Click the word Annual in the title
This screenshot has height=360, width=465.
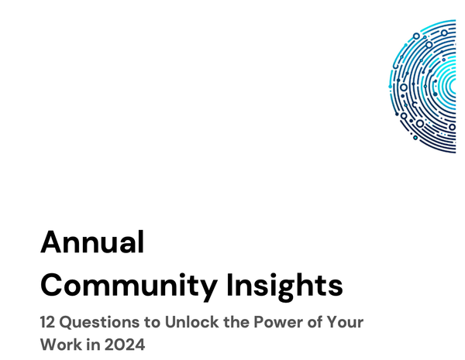92,242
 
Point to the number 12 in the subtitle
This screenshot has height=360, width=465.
49,321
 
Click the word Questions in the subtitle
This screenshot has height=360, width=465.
101,321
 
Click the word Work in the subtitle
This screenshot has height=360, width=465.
60,343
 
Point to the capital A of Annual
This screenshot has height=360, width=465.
52,242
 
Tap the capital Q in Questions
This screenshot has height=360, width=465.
71,321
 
